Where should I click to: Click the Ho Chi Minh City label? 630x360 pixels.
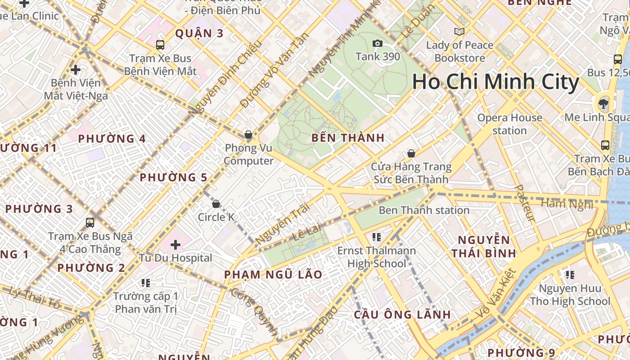(495, 82)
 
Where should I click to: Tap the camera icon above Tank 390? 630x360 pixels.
(377, 43)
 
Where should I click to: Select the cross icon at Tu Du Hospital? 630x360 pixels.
(175, 245)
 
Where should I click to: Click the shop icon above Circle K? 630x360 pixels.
(216, 204)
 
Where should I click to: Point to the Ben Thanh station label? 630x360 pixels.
(424, 210)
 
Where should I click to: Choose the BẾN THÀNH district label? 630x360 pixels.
(348, 138)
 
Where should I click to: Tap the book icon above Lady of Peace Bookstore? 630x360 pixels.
(459, 32)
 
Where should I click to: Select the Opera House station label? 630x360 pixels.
(509, 124)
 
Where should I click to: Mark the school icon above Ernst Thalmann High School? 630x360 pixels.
(377, 237)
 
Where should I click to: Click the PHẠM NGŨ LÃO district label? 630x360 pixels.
(273, 274)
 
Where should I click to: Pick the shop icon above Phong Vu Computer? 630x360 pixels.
(248, 135)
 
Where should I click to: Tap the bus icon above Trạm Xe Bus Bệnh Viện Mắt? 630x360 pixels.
(160, 45)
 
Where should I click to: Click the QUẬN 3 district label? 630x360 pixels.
(199, 33)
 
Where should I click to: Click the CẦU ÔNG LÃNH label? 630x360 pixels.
(402, 314)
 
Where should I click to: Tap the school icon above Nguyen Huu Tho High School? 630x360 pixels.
(570, 274)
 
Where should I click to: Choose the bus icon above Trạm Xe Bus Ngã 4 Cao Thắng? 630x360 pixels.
(90, 222)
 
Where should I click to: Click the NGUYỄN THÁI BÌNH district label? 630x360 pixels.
(484, 246)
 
